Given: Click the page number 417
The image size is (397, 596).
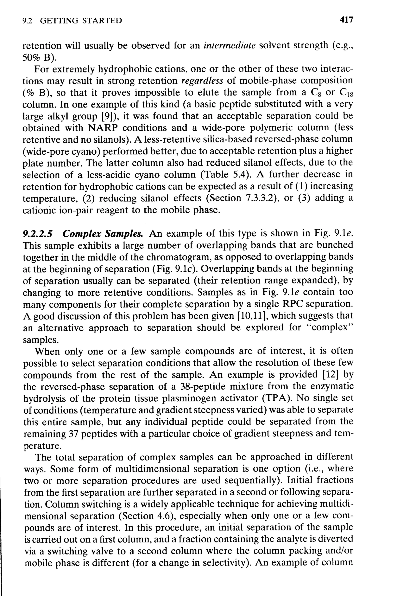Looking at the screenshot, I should pyautogui.click(x=346, y=20).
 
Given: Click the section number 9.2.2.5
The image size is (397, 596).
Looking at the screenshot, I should pyautogui.click(x=37, y=233).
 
